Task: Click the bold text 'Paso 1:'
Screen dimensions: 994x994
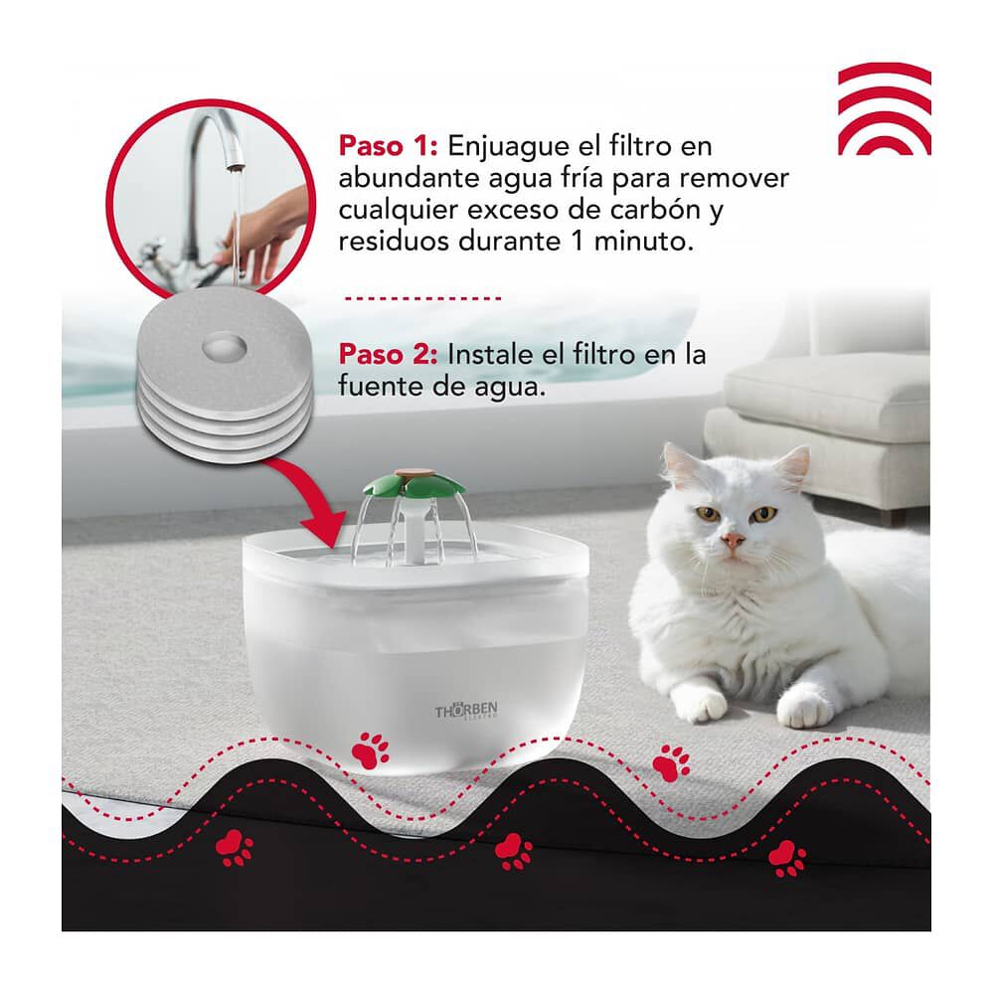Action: (388, 146)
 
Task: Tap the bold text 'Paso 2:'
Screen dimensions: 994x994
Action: (388, 355)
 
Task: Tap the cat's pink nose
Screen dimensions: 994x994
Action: (733, 541)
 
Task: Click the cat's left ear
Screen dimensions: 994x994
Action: (685, 468)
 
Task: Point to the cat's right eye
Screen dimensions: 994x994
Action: (763, 514)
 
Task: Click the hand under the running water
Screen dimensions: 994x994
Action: (260, 224)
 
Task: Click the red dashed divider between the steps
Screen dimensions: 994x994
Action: (421, 297)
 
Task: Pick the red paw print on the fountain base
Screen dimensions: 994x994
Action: (374, 747)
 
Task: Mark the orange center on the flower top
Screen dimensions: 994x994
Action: (409, 474)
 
